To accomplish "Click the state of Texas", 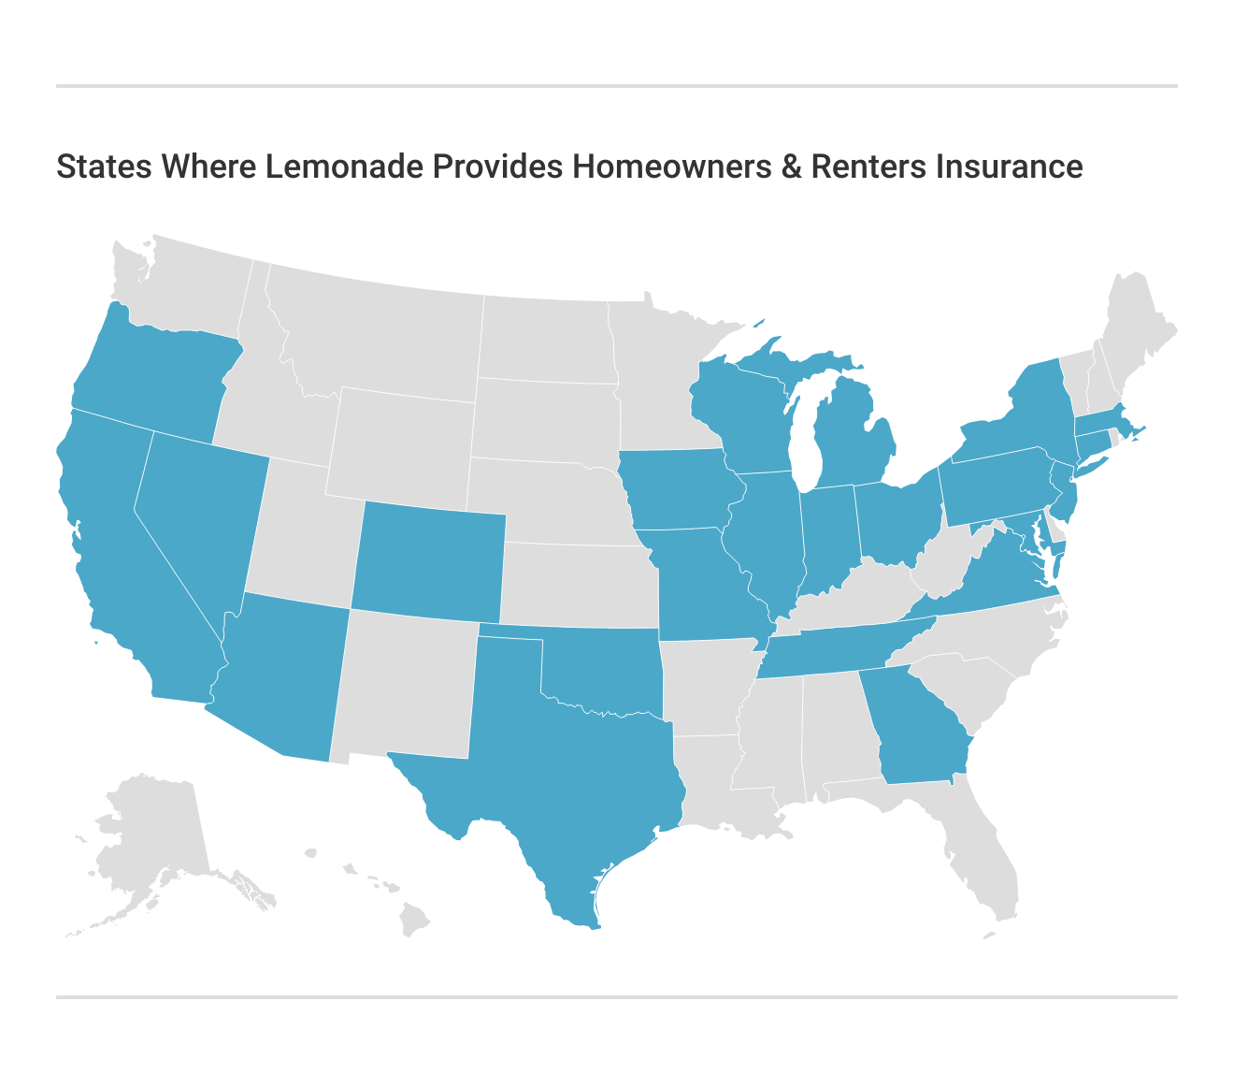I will (570, 767).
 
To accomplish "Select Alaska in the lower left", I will (154, 833).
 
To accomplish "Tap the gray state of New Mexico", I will (407, 683).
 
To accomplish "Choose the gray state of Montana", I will (374, 327).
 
